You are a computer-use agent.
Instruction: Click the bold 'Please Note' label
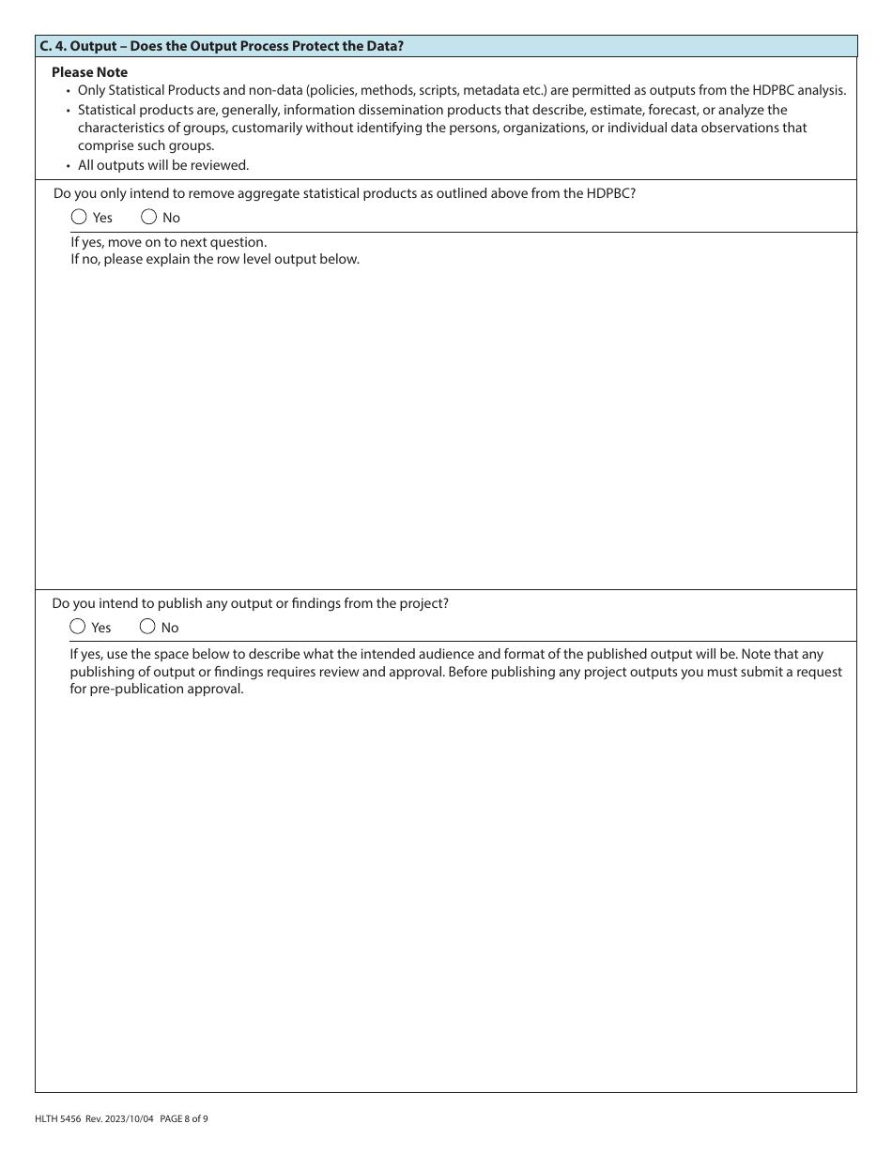click(90, 72)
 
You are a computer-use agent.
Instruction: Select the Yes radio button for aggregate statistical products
click(79, 217)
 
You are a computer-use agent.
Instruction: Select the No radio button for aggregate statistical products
click(148, 217)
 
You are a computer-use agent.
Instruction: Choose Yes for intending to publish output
click(78, 627)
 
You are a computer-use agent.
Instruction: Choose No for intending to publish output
click(147, 627)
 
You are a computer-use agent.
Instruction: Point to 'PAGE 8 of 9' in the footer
click(184, 1118)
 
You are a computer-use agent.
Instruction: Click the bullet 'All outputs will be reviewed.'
click(163, 165)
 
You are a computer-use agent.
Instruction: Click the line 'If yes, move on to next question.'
click(169, 242)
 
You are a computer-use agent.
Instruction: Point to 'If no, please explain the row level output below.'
click(215, 259)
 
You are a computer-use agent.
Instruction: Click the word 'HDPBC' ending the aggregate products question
click(610, 193)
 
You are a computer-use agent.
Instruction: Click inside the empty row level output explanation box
click(446, 422)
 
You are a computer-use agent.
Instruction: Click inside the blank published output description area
click(446, 891)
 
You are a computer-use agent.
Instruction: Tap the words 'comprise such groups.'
click(146, 145)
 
